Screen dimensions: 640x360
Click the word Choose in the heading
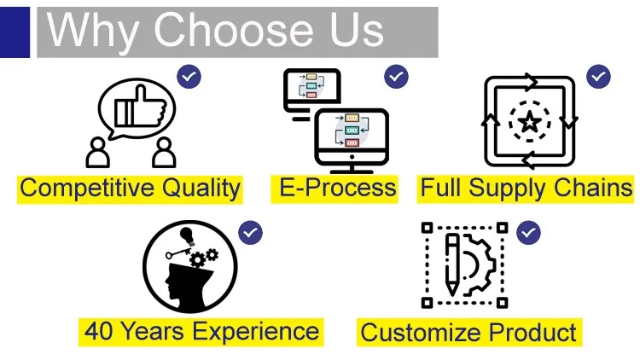[x=234, y=30]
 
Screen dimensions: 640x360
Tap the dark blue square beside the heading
[x=15, y=32]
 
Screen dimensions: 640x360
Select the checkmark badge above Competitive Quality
[x=189, y=77]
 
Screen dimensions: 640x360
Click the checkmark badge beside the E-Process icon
[x=396, y=77]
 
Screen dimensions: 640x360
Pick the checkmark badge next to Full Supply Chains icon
[x=598, y=77]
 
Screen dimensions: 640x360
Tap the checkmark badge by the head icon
[x=251, y=233]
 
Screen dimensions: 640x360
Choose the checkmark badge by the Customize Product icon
[x=528, y=233]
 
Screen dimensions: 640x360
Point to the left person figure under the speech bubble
[x=97, y=153]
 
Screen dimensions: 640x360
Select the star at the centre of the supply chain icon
[x=530, y=122]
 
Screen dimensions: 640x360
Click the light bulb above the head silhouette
[x=188, y=236]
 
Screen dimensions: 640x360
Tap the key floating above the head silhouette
[x=178, y=253]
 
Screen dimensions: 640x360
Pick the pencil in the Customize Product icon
[x=452, y=265]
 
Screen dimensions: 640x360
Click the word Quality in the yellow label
[x=201, y=189]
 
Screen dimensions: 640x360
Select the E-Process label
[x=338, y=188]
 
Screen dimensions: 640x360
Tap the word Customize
[x=422, y=332]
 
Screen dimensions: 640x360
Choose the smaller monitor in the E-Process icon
[x=312, y=95]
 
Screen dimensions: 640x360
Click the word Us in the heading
[x=357, y=30]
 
